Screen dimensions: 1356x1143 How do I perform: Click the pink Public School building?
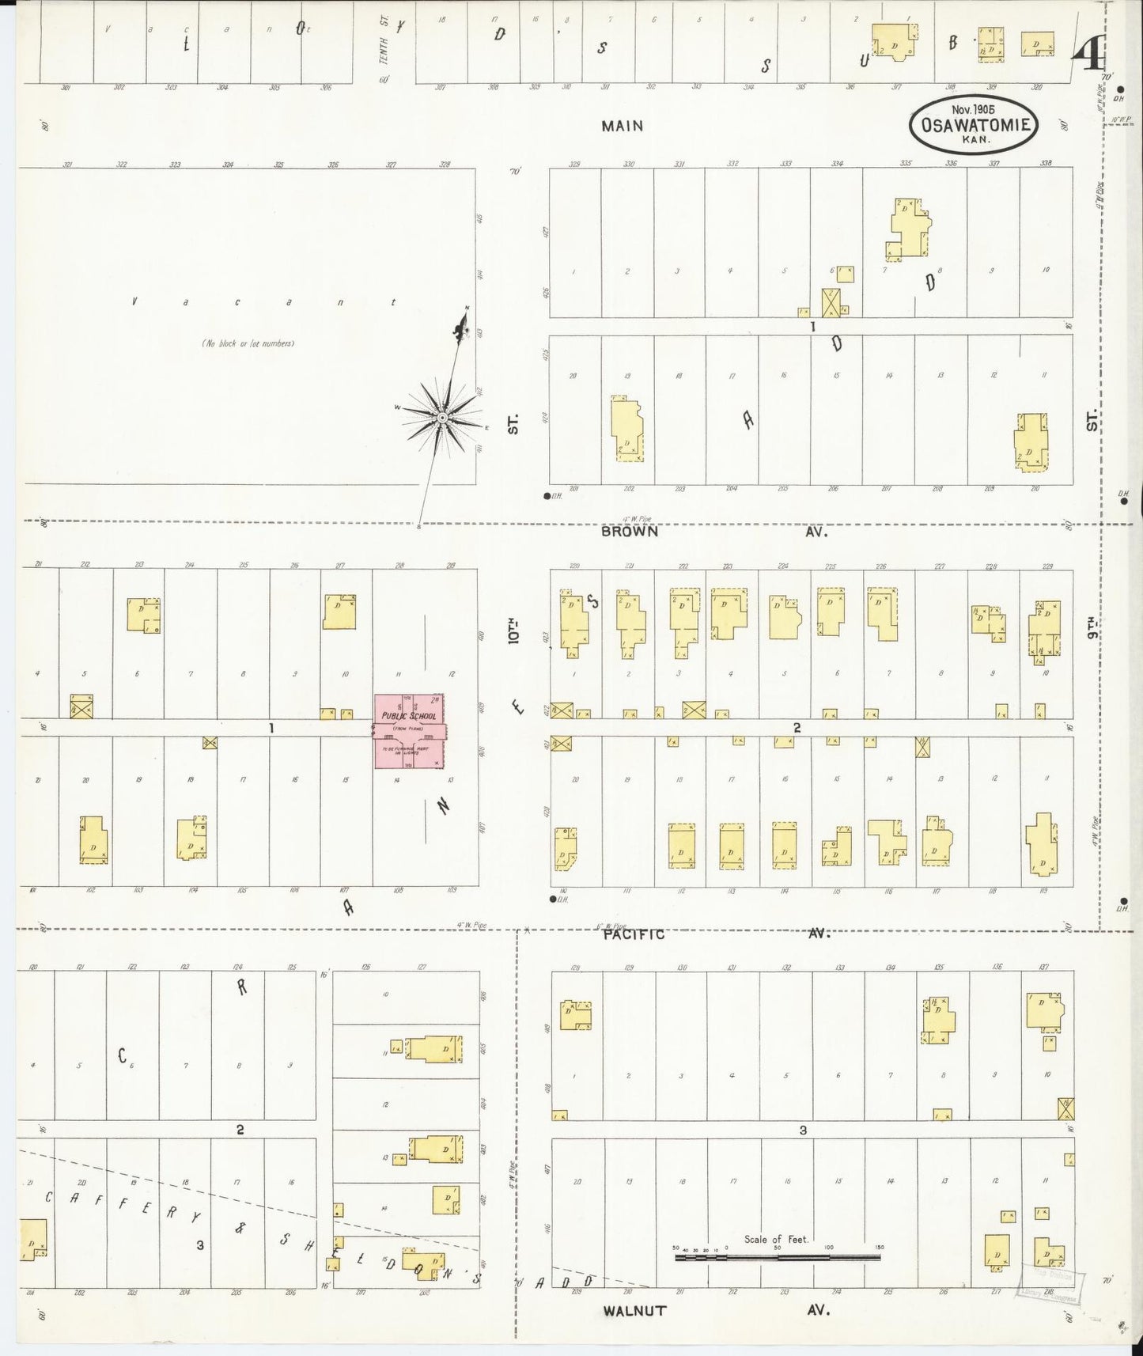[x=410, y=731]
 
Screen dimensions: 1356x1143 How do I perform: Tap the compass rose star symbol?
[x=443, y=417]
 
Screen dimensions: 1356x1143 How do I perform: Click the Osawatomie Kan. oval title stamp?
[x=973, y=125]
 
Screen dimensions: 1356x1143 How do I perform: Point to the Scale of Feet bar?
[x=777, y=1256]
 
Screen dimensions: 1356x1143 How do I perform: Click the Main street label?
[x=622, y=126]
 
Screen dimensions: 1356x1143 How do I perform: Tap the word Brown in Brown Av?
[x=629, y=532]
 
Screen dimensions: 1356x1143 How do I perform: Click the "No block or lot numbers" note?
[x=248, y=343]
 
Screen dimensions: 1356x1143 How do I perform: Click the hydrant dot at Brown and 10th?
[x=547, y=497]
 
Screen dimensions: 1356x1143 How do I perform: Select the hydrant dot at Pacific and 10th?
[x=552, y=900]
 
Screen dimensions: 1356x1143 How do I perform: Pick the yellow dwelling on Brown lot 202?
[x=626, y=430]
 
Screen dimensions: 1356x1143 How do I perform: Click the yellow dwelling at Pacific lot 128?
[x=574, y=1015]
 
